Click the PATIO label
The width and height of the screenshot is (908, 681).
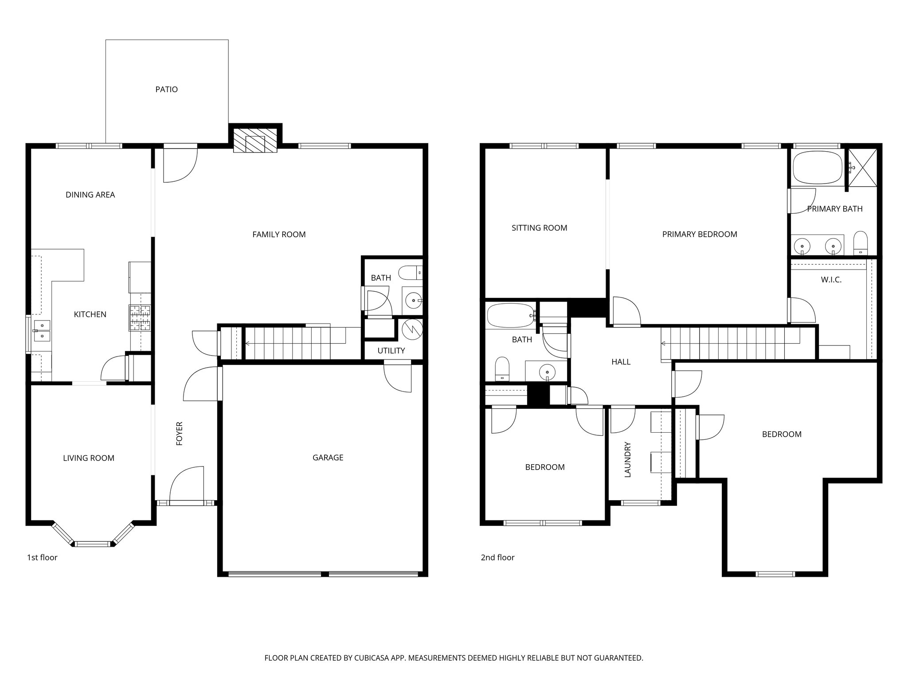point(166,90)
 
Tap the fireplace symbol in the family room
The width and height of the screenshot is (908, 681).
point(255,141)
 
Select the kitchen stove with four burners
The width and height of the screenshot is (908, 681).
point(140,318)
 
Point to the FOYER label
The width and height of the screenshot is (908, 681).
point(180,433)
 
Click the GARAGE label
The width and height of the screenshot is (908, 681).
point(328,458)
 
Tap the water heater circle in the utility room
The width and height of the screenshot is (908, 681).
point(411,329)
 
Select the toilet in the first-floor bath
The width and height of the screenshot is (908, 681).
point(410,272)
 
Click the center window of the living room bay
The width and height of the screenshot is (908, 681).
point(93,544)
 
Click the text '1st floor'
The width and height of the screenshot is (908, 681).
point(42,557)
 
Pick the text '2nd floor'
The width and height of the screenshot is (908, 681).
point(497,557)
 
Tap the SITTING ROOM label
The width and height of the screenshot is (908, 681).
point(539,228)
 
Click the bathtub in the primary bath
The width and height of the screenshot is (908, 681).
point(817,167)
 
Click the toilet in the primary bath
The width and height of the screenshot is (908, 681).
point(860,243)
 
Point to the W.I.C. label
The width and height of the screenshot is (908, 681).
point(831,280)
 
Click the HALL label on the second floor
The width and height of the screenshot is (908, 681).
point(621,362)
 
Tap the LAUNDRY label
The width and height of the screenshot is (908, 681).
point(627,459)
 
